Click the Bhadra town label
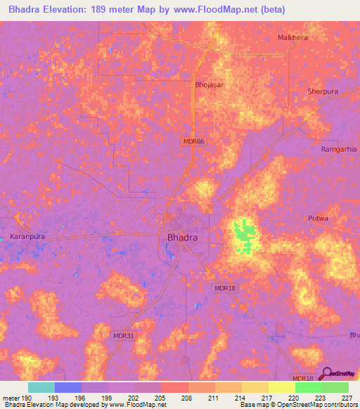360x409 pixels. point(182,238)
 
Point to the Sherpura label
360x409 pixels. point(323,91)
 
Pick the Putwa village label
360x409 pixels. point(319,219)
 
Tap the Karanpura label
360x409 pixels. point(28,237)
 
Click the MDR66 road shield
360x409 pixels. point(193,141)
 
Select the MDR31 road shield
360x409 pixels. point(122,336)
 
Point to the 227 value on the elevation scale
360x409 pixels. point(347,398)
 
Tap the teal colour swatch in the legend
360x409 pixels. point(41,387)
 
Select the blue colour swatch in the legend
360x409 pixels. point(68,387)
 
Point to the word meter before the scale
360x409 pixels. point(10,398)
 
